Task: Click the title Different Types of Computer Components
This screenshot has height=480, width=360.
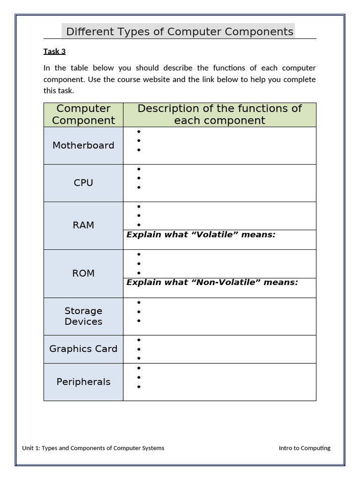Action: tap(180, 32)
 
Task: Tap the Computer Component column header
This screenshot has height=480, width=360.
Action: tap(83, 114)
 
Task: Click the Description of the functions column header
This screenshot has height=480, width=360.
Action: tap(219, 114)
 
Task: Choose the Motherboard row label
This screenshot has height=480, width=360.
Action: tap(83, 145)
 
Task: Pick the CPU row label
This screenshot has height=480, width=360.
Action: tap(83, 183)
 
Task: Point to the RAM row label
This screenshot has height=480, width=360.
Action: tap(83, 225)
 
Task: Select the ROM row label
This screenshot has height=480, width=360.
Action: tap(83, 273)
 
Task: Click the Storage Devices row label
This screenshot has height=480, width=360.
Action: tap(83, 316)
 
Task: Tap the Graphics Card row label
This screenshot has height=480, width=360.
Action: tap(83, 349)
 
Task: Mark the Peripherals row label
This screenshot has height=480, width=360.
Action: tap(83, 382)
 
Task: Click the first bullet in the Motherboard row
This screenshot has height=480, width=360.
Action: tap(139, 132)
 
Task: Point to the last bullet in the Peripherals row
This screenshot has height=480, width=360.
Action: tap(139, 387)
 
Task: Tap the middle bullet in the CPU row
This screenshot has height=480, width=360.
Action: tap(139, 178)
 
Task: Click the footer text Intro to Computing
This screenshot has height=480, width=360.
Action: tap(304, 448)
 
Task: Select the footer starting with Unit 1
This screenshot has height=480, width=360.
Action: tap(93, 448)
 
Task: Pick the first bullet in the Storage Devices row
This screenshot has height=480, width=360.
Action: tap(139, 303)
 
